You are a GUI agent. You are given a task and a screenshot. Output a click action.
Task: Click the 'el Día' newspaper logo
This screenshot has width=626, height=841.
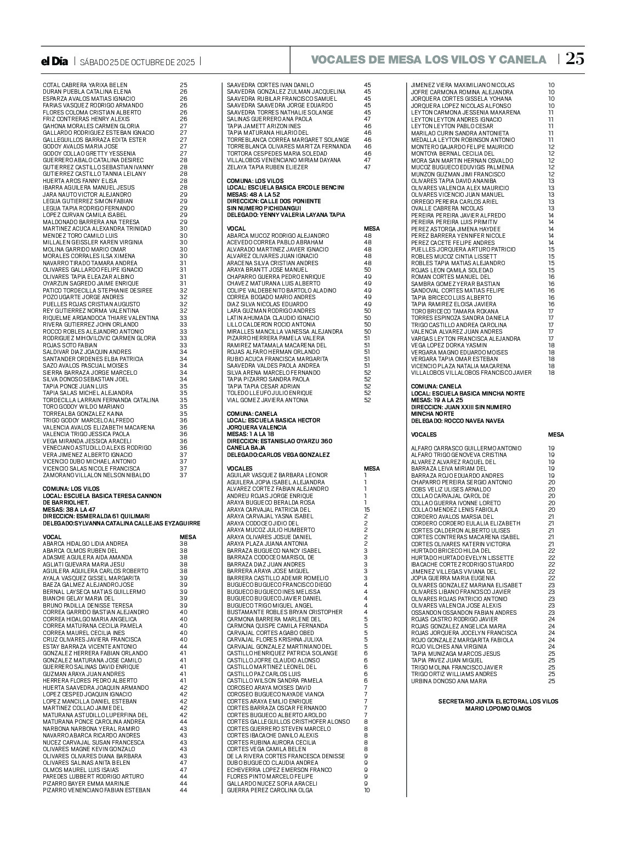pyautogui.click(x=55, y=61)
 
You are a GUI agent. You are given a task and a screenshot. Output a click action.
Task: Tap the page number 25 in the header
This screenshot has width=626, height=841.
pyautogui.click(x=575, y=59)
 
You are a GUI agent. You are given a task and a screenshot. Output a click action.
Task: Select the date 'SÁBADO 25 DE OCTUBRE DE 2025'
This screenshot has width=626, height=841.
pyautogui.click(x=137, y=62)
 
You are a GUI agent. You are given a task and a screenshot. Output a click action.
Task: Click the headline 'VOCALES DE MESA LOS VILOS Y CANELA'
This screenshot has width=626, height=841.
pyautogui.click(x=429, y=60)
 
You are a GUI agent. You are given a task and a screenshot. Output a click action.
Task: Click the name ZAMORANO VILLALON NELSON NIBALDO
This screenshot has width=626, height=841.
pyautogui.click(x=96, y=475)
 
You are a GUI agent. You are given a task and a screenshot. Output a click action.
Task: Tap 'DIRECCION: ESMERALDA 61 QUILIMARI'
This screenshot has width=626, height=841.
pyautogui.click(x=96, y=516)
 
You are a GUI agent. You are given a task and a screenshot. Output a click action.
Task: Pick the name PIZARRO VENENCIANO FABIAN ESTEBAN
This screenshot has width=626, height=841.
pyautogui.click(x=96, y=790)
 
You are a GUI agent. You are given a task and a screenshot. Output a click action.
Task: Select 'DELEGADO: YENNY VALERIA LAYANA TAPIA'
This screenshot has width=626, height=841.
pyautogui.click(x=286, y=215)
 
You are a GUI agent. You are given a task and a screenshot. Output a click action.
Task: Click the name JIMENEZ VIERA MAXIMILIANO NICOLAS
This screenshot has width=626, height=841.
pyautogui.click(x=463, y=85)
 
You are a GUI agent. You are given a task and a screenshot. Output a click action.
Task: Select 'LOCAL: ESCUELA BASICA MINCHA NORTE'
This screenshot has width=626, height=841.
pyautogui.click(x=468, y=393)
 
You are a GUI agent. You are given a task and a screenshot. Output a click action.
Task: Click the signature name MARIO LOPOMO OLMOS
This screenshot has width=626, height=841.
pyautogui.click(x=498, y=708)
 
